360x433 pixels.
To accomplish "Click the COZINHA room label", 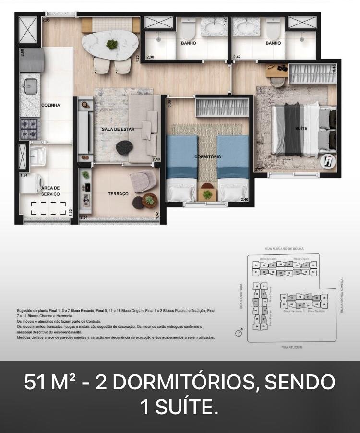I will pyautogui.click(x=50, y=105).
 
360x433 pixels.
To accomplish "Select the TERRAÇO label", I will pyautogui.click(x=118, y=194).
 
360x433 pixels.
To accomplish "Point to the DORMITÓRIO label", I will pyautogui.click(x=207, y=157).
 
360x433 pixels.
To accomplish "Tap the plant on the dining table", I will pyautogui.click(x=112, y=45).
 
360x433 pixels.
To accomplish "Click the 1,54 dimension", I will pyautogui.click(x=24, y=176).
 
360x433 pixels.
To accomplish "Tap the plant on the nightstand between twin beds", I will pyautogui.click(x=207, y=194).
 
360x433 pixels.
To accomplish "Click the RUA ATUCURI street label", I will pyautogui.click(x=292, y=346).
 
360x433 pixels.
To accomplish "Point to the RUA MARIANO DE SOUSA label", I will pyautogui.click(x=284, y=249).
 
